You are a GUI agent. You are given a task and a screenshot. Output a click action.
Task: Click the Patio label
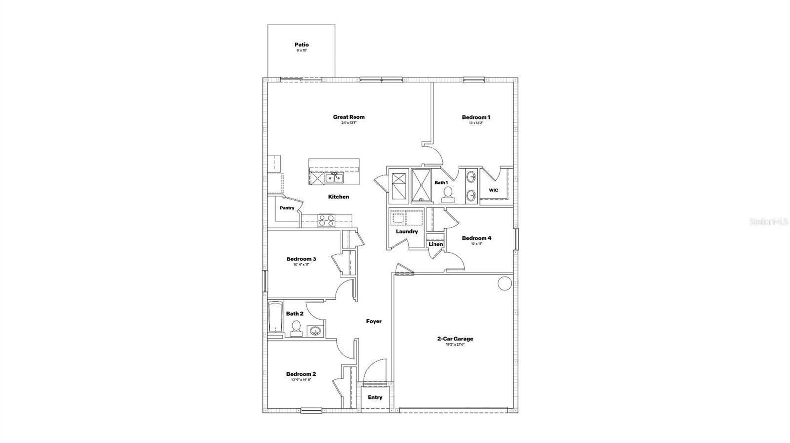[302, 45]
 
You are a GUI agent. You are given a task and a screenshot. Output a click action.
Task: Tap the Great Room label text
[349, 117]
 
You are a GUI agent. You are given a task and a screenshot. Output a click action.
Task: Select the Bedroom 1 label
[476, 117]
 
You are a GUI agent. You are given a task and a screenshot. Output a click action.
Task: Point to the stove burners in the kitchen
[325, 220]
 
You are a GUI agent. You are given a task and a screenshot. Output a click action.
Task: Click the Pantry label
[287, 208]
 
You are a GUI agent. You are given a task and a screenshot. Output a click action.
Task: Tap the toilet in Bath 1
[448, 194]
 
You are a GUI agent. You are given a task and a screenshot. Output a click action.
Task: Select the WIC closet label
[493, 190]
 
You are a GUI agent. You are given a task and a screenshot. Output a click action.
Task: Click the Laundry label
[407, 231]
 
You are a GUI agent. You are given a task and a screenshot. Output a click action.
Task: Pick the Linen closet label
[435, 244]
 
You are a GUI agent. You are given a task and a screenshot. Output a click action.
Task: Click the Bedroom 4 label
[476, 238]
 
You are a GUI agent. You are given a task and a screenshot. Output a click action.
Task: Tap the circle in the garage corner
[504, 283]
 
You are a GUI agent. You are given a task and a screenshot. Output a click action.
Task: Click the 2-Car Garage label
[455, 339]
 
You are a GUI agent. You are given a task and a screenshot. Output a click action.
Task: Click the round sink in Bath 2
[314, 331]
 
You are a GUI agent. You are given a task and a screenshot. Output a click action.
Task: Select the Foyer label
[374, 321]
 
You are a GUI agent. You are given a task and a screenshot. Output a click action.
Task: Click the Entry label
[375, 397]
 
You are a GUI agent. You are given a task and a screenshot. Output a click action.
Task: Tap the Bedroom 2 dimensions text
[301, 380]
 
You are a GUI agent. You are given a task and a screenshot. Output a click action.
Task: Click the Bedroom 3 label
[301, 259]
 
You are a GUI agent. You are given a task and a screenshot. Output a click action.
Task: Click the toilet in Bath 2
[296, 328]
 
